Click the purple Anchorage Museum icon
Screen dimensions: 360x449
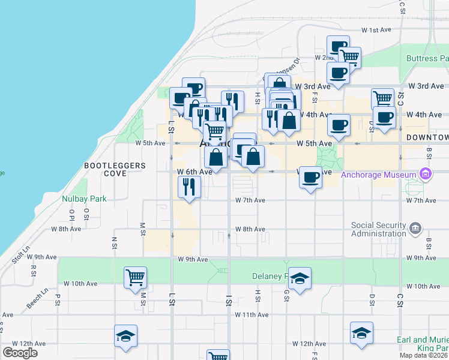pos(426,174)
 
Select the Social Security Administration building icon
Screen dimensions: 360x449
pos(415,229)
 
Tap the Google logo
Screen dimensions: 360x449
pos(20,352)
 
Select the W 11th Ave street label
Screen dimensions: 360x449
pos(252,314)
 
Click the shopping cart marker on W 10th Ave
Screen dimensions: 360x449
pos(135,278)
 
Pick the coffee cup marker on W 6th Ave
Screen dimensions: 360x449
pos(310,178)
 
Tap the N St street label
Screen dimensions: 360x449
pos(114,242)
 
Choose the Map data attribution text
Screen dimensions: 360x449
pos(424,355)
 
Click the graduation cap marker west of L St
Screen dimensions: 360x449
pos(126,336)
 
